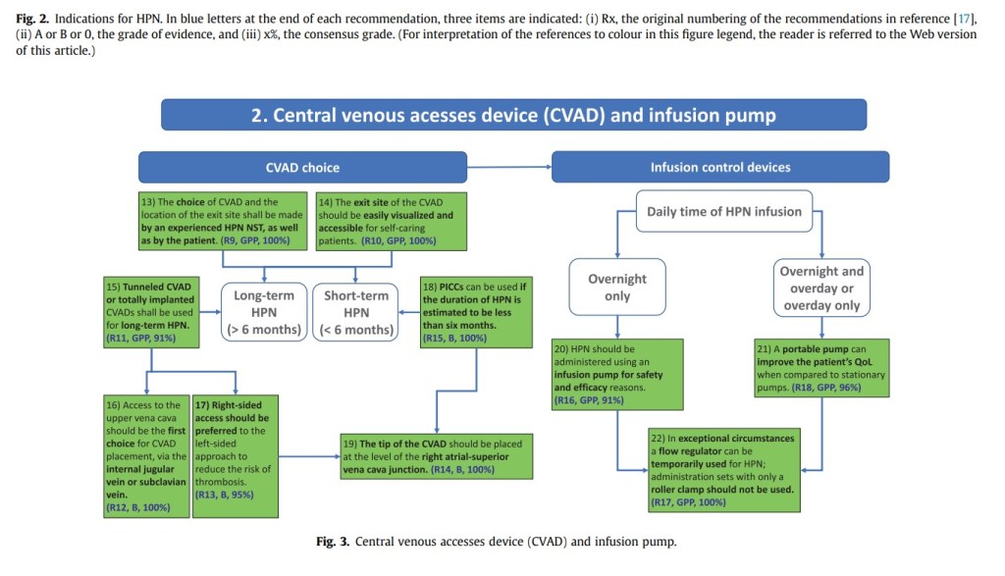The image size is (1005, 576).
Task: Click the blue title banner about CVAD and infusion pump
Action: pyautogui.click(x=513, y=115)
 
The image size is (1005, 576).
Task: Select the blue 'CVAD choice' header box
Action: pyautogui.click(x=301, y=167)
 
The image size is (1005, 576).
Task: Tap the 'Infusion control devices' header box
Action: pyautogui.click(x=720, y=167)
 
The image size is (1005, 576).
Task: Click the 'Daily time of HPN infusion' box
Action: pyautogui.click(x=723, y=211)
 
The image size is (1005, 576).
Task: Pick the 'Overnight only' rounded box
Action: pyautogui.click(x=617, y=287)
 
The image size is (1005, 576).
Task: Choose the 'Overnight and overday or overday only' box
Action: pyautogui.click(x=821, y=288)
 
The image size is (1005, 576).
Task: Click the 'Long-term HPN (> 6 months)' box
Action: pyautogui.click(x=264, y=312)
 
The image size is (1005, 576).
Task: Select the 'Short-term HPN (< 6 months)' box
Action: pyautogui.click(x=355, y=312)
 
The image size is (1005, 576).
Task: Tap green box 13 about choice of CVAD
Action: pyautogui.click(x=225, y=221)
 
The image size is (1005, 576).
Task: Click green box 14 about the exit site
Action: pyautogui.click(x=392, y=221)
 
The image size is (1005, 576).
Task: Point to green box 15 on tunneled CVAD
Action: pyautogui.click(x=152, y=312)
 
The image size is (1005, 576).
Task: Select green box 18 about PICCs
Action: pyautogui.click(x=467, y=312)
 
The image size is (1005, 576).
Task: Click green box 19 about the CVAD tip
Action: pyautogui.click(x=437, y=455)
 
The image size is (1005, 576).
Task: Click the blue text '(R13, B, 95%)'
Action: pyautogui.click(x=225, y=495)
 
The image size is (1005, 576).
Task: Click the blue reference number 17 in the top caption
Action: pyautogui.click(x=966, y=20)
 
